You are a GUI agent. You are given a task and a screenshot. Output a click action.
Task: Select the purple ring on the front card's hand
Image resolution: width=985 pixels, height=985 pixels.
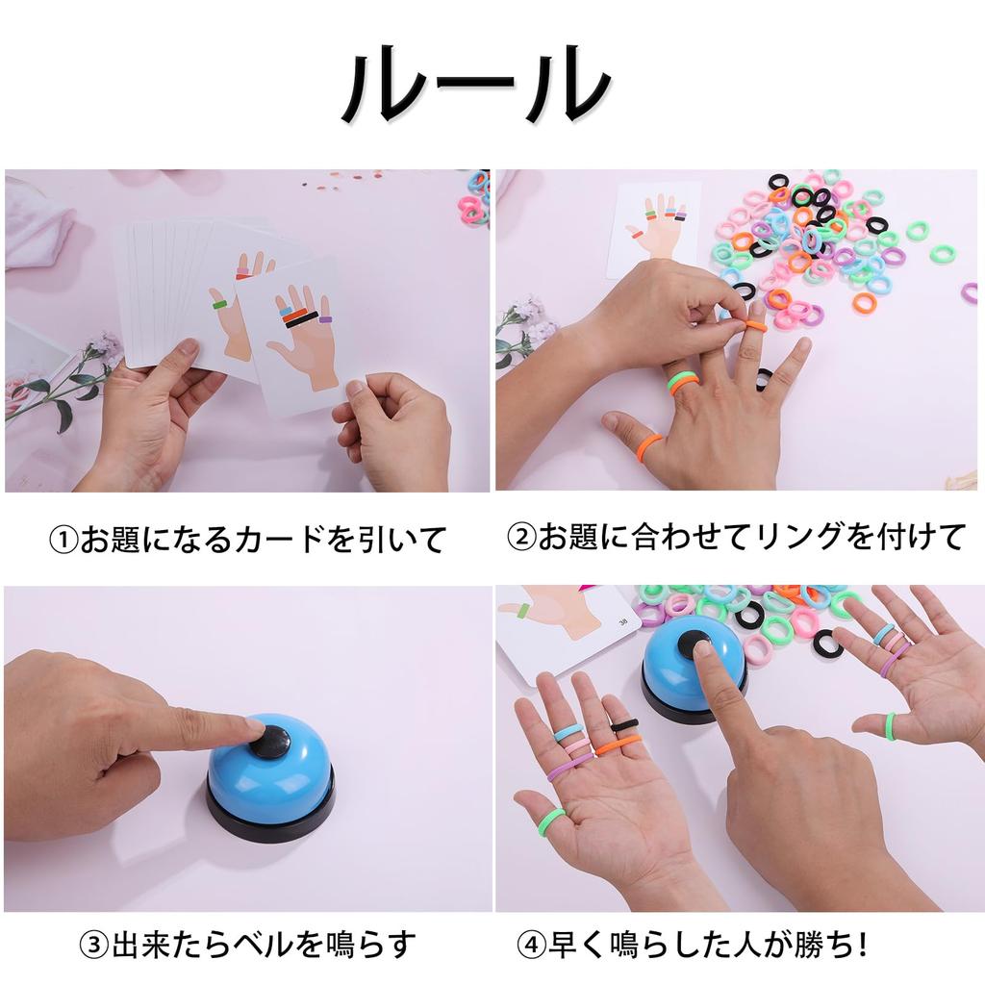[x=325, y=318]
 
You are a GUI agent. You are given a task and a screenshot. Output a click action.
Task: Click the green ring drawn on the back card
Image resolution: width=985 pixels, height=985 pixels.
[x=219, y=305]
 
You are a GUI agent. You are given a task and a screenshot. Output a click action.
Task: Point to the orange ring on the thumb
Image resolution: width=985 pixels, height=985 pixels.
[x=648, y=445]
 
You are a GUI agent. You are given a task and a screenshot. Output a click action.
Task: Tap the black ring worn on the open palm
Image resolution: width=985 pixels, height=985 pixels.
[x=624, y=725]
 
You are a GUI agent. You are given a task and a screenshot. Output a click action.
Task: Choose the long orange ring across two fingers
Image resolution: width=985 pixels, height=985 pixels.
[x=617, y=744]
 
